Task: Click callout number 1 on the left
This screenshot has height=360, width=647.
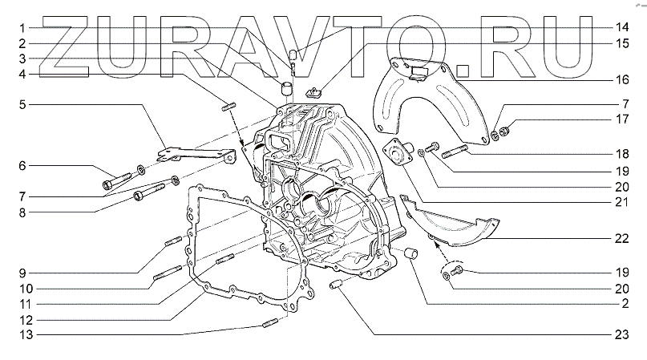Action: pos(22,28)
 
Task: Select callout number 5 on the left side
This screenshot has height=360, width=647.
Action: pos(22,105)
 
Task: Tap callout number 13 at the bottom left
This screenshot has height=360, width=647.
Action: pos(26,334)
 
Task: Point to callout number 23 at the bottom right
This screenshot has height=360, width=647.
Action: pos(622,334)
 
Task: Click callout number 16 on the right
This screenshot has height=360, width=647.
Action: pos(622,79)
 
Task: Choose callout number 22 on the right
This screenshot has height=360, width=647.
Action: pos(622,239)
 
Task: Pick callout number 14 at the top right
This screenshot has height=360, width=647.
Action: pos(622,27)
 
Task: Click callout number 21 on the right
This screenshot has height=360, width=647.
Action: pos(622,202)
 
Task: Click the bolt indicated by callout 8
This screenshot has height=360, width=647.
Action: pos(149,192)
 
